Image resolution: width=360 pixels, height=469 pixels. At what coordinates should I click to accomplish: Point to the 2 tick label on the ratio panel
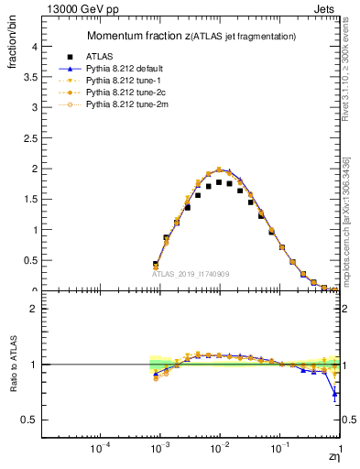click(35, 309)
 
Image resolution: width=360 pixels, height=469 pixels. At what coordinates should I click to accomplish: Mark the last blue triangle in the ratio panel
click(335, 395)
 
